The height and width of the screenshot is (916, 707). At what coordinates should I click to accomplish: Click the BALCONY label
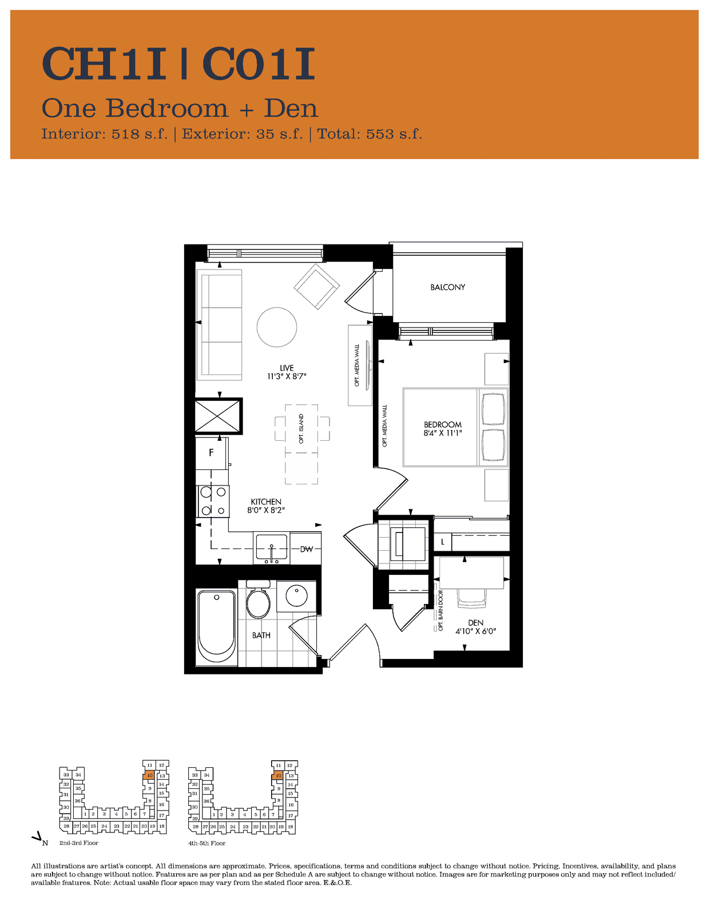point(447,287)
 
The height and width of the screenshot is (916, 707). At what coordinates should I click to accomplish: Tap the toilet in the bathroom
point(258,599)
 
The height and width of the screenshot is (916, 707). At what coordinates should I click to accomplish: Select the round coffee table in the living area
point(277,327)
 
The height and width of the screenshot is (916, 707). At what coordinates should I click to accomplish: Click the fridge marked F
point(212,453)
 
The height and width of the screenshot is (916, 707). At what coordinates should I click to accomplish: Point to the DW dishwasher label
point(307,549)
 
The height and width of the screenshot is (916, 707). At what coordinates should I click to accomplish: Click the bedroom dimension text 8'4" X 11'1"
point(443,432)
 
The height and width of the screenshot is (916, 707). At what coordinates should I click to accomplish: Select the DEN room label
point(475,623)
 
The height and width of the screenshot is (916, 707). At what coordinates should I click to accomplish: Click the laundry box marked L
point(443,542)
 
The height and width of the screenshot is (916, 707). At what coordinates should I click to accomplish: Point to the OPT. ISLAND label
point(301,429)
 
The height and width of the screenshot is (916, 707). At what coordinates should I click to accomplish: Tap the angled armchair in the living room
point(317,287)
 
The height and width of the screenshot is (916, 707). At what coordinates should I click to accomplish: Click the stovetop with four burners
point(213,501)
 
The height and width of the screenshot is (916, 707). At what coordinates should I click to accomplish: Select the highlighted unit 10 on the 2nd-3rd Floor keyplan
point(149,775)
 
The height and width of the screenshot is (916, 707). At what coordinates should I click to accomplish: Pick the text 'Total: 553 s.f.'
point(370,134)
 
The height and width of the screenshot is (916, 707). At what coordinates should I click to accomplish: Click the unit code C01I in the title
point(259,64)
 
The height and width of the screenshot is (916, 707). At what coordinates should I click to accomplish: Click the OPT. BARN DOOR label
point(440,610)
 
